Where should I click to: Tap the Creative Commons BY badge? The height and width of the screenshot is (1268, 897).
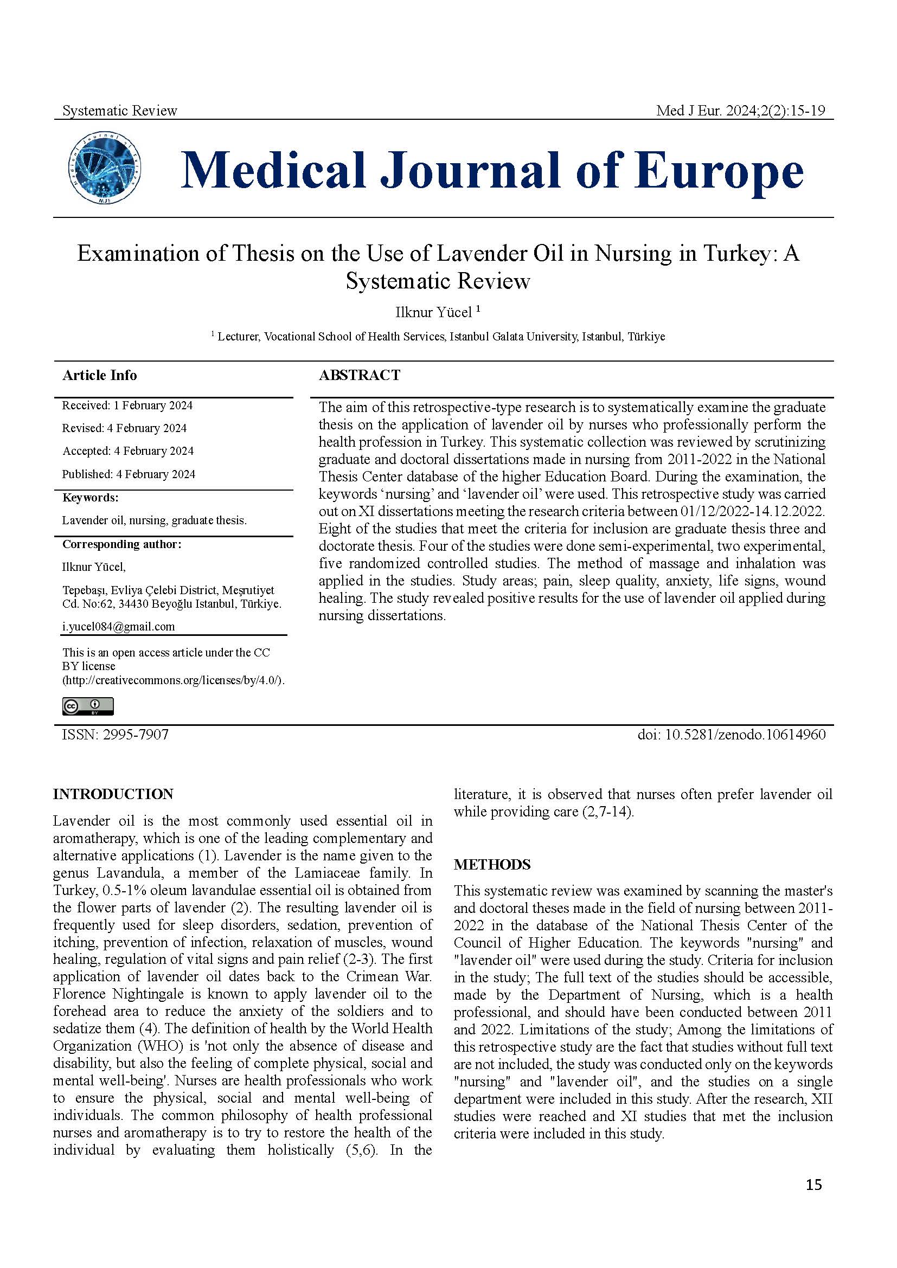(x=88, y=706)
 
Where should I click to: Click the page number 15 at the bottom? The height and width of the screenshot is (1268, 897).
(x=813, y=1200)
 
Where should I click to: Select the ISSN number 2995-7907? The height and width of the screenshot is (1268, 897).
(x=136, y=735)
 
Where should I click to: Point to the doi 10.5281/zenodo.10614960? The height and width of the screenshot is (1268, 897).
(x=731, y=735)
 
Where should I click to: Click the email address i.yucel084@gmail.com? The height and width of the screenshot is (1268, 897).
(x=118, y=627)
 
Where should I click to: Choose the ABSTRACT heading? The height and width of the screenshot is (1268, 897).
(x=360, y=375)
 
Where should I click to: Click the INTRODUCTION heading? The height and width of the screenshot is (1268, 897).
(x=113, y=794)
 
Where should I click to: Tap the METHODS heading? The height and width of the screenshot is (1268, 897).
(x=492, y=865)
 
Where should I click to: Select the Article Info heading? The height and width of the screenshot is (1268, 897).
(x=99, y=375)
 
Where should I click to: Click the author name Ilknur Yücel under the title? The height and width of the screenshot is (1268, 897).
(x=434, y=313)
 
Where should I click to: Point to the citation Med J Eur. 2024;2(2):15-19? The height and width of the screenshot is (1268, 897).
(x=740, y=111)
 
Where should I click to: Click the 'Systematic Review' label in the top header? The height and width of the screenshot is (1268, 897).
(x=120, y=111)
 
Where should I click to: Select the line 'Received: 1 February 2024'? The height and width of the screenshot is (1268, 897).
(x=127, y=405)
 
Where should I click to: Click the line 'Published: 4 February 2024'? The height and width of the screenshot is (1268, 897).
(x=128, y=474)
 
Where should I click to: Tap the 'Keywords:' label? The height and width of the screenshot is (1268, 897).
(x=90, y=498)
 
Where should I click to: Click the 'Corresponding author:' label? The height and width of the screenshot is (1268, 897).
(x=121, y=544)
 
